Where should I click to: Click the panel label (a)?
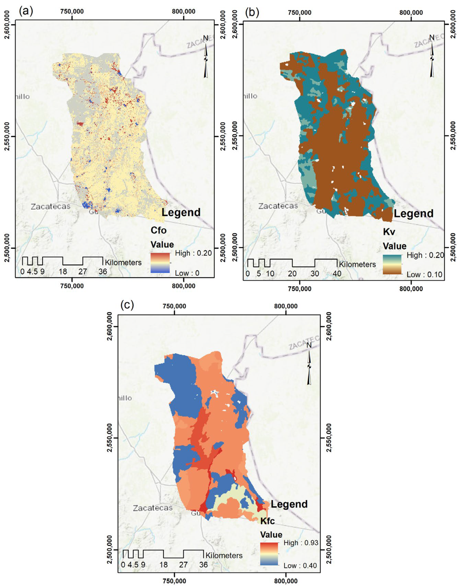point(26,11)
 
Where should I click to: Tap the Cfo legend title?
point(159,230)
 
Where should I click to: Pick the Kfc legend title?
point(267,521)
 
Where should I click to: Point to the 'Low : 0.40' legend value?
point(300,565)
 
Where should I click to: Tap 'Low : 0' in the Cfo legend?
point(187,273)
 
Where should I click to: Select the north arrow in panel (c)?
point(309,364)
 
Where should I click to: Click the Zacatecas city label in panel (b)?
point(278,206)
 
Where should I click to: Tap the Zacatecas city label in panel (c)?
point(153,508)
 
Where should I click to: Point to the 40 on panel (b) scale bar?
point(337,273)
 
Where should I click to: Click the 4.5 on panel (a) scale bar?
point(32,271)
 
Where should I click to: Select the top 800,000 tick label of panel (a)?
point(184,11)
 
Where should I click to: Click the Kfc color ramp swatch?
point(269,554)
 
